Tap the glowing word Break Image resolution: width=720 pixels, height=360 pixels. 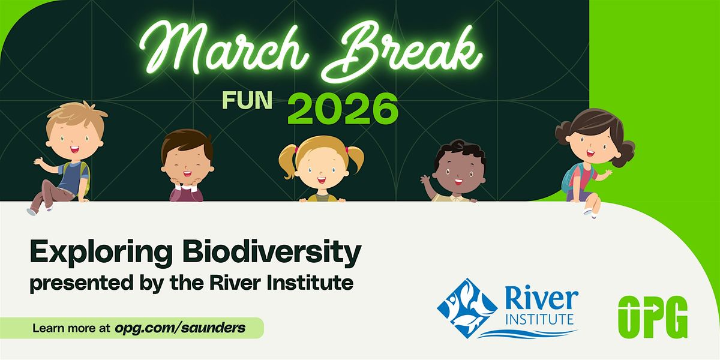(402, 52)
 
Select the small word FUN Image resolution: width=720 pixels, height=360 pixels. (247, 100)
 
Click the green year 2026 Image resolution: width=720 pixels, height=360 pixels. (343, 109)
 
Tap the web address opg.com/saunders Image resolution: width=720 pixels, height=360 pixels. (180, 328)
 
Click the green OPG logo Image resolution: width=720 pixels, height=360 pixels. (653, 317)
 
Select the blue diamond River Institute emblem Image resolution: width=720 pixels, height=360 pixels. (467, 308)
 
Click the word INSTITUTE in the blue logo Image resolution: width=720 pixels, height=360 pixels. (539, 319)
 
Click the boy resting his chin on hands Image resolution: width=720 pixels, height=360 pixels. (187, 166)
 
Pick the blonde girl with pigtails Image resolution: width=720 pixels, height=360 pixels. (322, 169)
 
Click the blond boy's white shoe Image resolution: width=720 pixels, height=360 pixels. (31, 211)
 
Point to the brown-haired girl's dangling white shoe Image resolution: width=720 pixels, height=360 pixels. (589, 213)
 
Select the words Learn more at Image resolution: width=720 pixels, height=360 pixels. (71, 328)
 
